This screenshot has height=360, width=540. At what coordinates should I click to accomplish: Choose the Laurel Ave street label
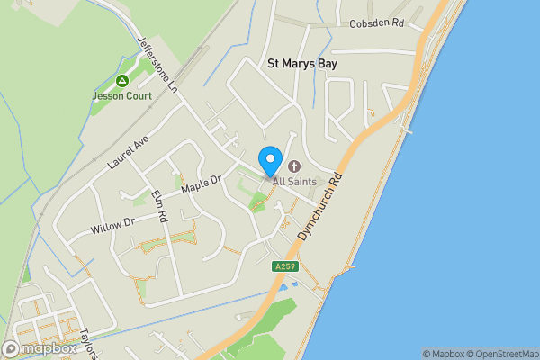[x=127, y=154]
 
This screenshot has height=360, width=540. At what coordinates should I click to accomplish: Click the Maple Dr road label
[x=201, y=184]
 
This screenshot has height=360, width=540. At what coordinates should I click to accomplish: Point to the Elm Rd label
[x=160, y=206]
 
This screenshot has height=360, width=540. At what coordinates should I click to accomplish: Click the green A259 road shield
[x=284, y=265]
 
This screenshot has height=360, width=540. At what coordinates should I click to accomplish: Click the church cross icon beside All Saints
[x=293, y=166]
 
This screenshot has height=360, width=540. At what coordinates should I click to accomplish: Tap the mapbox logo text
[x=49, y=348]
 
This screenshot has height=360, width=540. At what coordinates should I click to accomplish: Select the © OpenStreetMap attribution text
[x=503, y=354]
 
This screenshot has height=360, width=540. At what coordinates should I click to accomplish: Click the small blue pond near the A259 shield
[x=285, y=287]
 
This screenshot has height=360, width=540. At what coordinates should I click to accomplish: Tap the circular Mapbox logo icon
[x=12, y=348]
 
